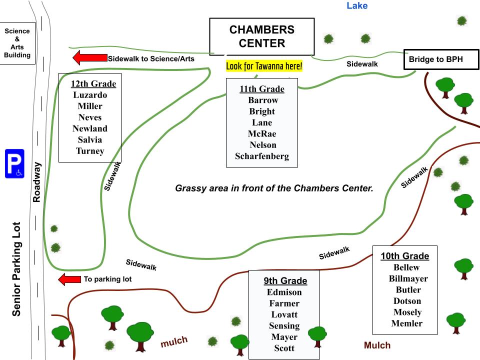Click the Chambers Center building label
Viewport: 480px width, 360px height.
[x=261, y=36]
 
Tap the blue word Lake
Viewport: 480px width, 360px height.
[x=357, y=6]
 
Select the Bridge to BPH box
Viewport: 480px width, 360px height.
[x=435, y=59]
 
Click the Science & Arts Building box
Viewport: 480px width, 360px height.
[x=17, y=43]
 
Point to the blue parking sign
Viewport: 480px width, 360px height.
[x=14, y=163]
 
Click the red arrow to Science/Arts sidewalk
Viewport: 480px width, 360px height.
[x=89, y=58]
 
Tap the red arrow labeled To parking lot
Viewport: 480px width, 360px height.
[x=69, y=279]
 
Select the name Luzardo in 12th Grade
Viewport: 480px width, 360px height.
[x=90, y=94]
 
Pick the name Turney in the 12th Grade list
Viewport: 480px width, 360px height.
[x=90, y=151]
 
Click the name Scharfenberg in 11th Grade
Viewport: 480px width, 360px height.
[x=262, y=156]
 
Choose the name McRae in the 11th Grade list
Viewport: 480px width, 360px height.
[x=262, y=133]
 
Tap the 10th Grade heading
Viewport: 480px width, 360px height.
[x=404, y=256]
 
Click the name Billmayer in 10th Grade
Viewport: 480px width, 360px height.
[x=408, y=278]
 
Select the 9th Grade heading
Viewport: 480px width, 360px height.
[x=284, y=280]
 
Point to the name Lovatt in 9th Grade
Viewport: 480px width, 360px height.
[x=284, y=314]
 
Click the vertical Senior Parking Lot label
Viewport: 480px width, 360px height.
[x=16, y=269]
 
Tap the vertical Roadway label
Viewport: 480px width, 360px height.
[x=36, y=181]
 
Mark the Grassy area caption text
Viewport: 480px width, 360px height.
[x=274, y=188]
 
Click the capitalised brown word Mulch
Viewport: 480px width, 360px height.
[x=377, y=345]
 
